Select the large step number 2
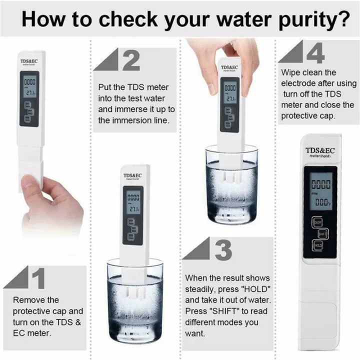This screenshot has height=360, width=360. (131, 60)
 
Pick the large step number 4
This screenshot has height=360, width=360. (315, 52)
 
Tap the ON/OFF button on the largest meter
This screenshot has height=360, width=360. (317, 220)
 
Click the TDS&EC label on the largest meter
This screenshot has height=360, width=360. (320, 150)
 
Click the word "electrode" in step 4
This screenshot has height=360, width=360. (298, 83)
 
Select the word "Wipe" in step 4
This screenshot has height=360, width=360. (290, 72)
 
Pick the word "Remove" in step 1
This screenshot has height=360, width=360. (28, 300)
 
